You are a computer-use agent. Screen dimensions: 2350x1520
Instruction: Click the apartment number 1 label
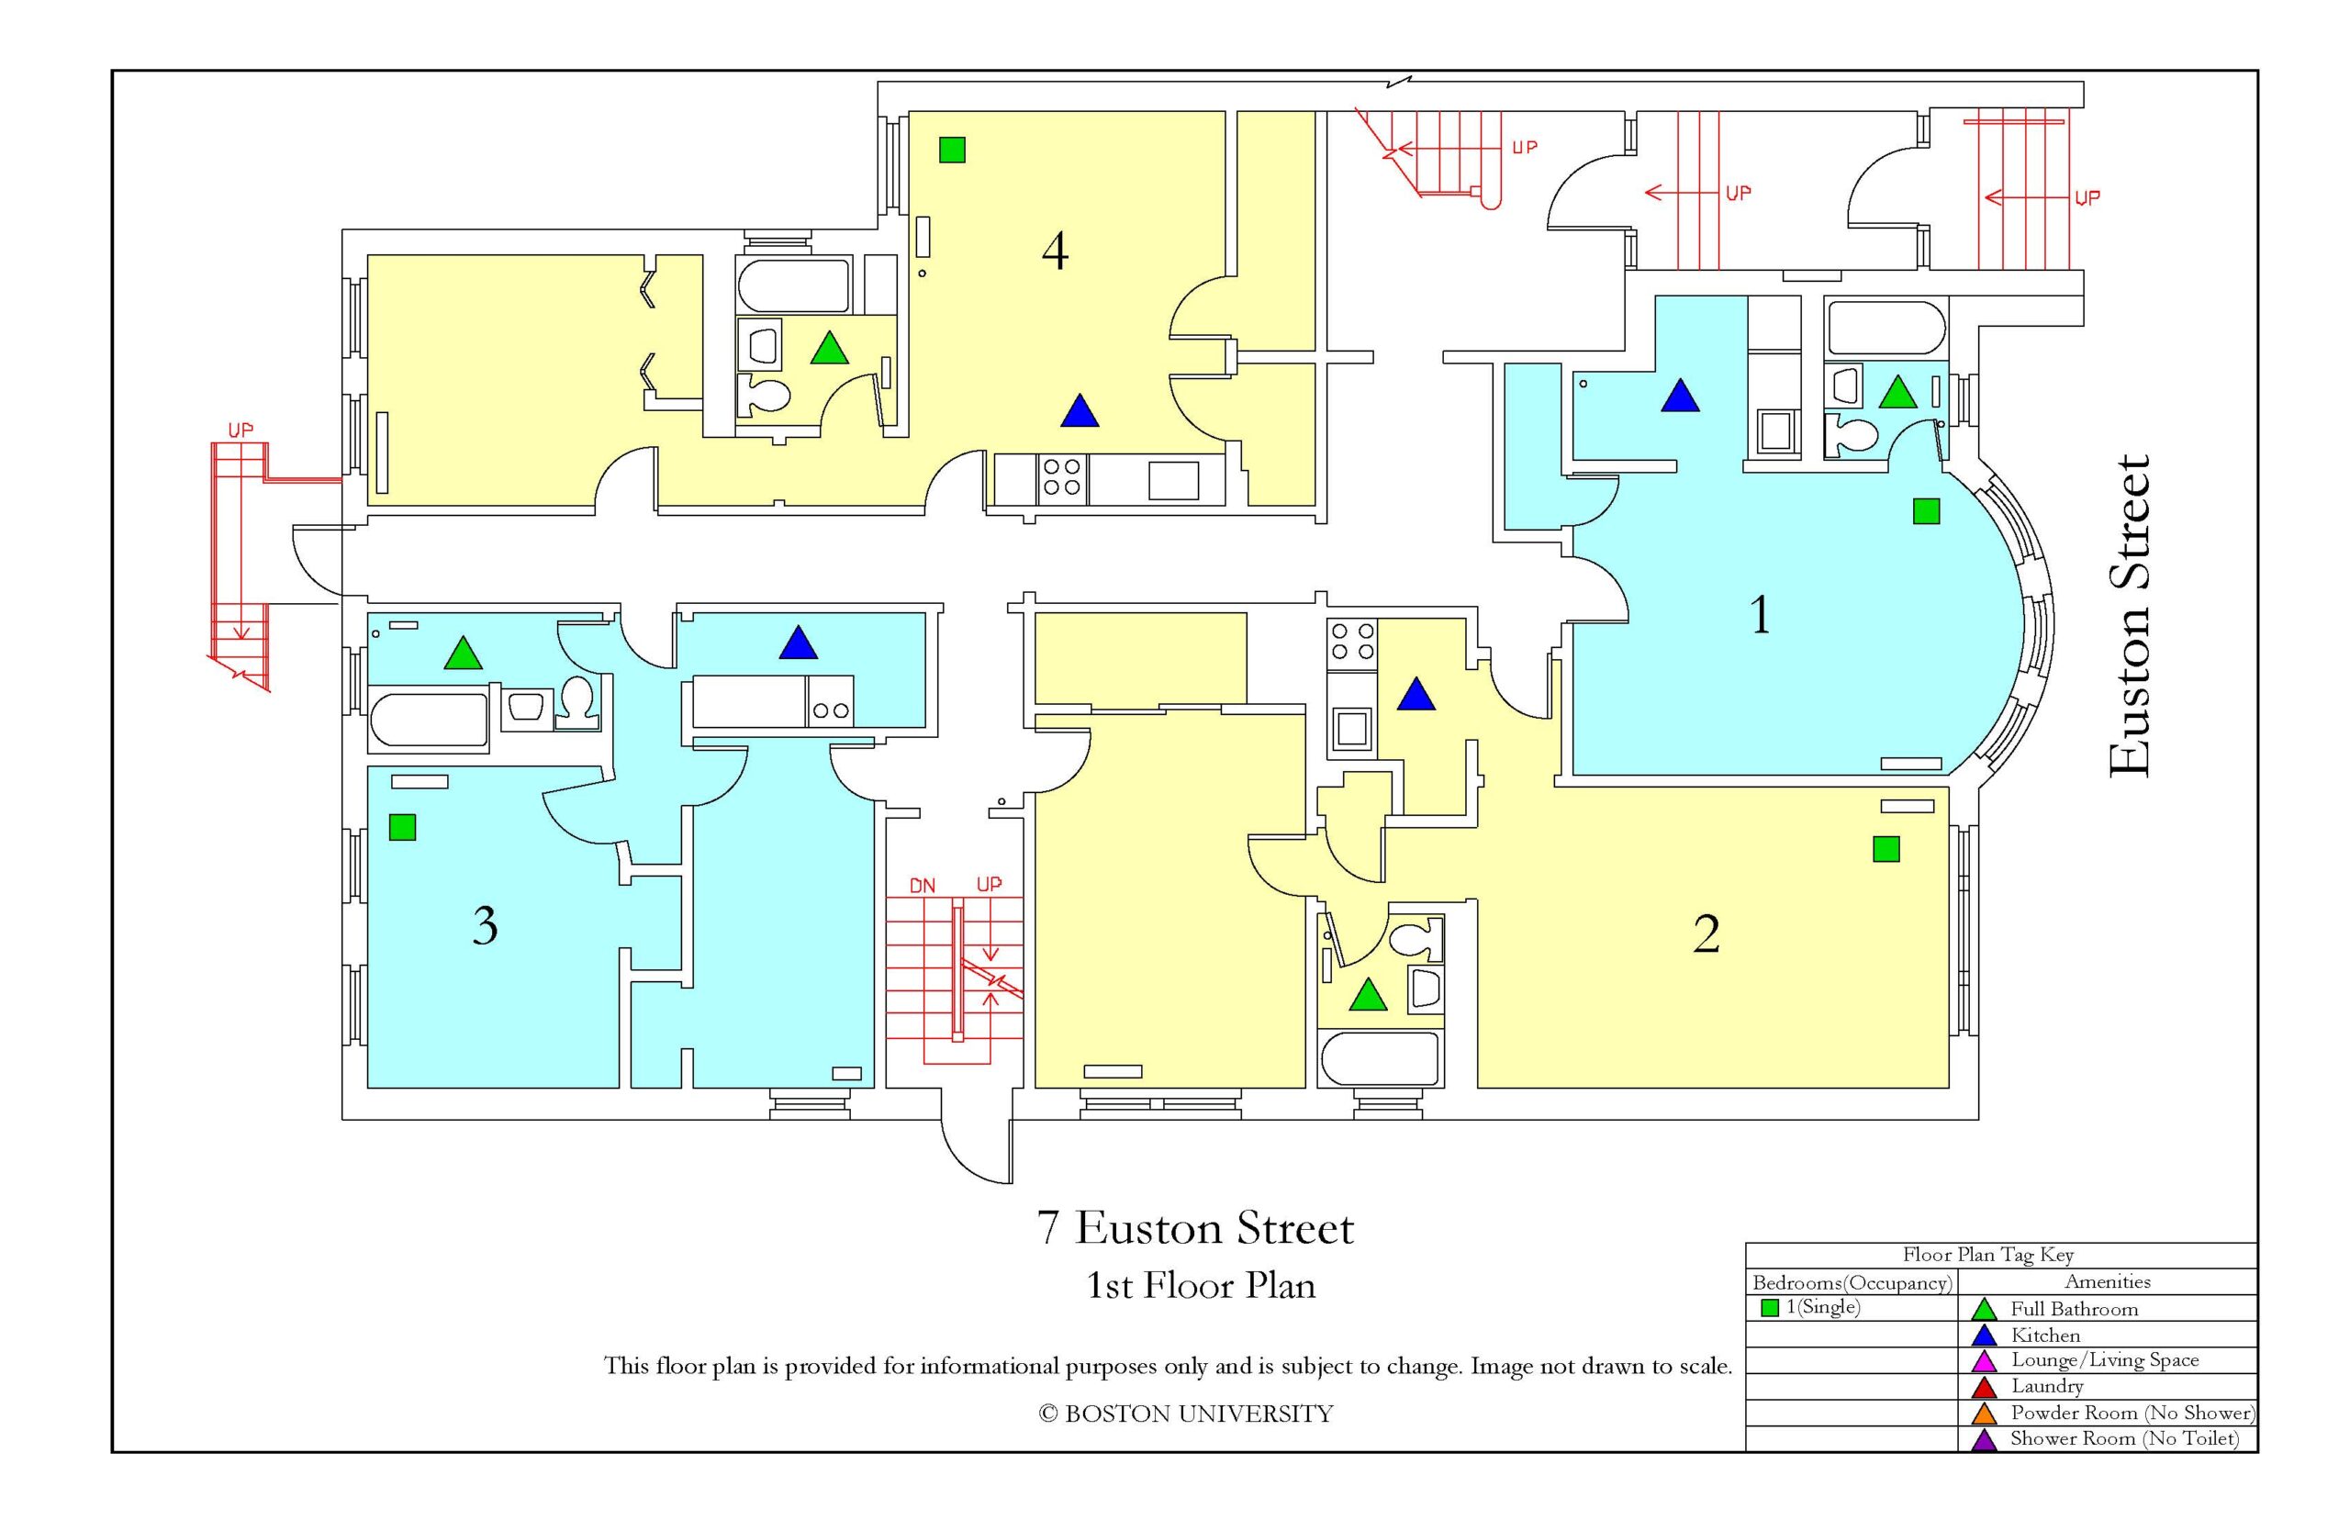pyautogui.click(x=1760, y=614)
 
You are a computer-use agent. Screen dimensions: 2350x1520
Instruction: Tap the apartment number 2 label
pyautogui.click(x=1707, y=933)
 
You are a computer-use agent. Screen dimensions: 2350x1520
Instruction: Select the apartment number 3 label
pyautogui.click(x=485, y=926)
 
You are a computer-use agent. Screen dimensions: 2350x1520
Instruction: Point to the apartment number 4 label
pyautogui.click(x=1055, y=251)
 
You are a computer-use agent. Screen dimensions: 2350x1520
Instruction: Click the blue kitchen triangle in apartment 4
pyautogui.click(x=1080, y=411)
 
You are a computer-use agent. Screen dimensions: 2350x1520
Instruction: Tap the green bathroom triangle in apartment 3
pyautogui.click(x=463, y=654)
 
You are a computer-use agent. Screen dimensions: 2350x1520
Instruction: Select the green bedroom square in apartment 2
pyautogui.click(x=1886, y=849)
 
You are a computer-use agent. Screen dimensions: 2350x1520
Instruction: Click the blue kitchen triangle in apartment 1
pyautogui.click(x=1680, y=396)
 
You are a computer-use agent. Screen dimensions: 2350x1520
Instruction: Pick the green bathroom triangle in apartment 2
pyautogui.click(x=1367, y=995)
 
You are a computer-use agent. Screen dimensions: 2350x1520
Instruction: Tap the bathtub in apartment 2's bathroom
pyautogui.click(x=1380, y=1058)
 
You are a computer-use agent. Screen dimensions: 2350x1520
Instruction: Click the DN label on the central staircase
pyautogui.click(x=922, y=887)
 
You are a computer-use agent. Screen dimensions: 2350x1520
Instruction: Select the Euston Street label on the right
pyautogui.click(x=2129, y=617)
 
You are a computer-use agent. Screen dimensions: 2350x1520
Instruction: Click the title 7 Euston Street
pyautogui.click(x=1195, y=1229)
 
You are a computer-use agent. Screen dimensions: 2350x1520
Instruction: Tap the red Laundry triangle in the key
pyautogui.click(x=1983, y=1387)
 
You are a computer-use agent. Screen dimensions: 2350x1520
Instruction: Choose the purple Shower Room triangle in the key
pyautogui.click(x=1983, y=1439)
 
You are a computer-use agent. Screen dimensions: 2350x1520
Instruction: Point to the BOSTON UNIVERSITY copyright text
pyautogui.click(x=1185, y=1414)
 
